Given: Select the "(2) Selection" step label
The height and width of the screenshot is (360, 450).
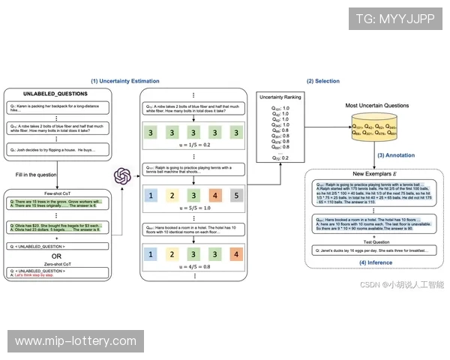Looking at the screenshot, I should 322,81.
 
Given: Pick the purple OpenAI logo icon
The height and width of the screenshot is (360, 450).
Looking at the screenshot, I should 122,177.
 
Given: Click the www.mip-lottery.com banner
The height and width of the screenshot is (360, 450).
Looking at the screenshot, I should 74,342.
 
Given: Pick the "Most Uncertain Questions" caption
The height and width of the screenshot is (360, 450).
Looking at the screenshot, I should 378,106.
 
